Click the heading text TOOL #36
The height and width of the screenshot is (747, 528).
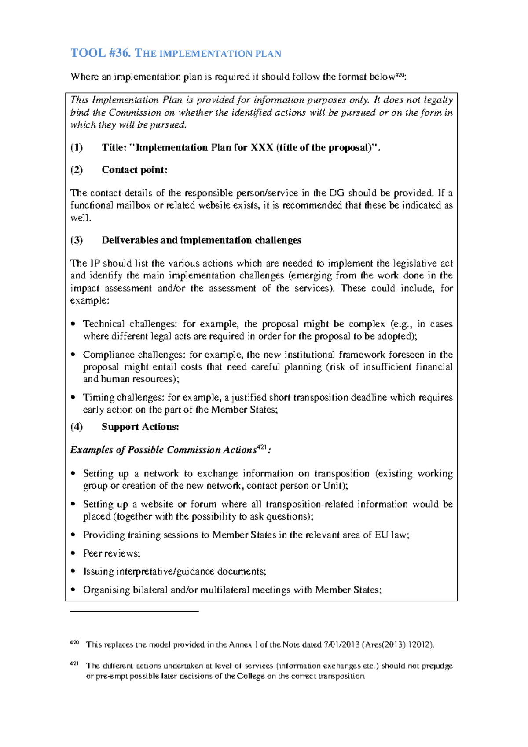[101, 53]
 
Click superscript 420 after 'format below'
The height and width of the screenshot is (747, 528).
[399, 75]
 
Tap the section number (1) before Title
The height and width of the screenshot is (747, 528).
[77, 148]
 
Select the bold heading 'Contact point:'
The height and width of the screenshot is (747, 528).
[135, 170]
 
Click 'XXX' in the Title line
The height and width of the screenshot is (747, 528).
[261, 148]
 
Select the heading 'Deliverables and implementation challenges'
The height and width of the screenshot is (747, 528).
[202, 240]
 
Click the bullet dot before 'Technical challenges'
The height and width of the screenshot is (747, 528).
[73, 324]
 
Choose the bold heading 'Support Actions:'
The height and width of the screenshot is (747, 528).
[140, 427]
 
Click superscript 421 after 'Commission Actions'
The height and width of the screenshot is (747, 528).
[261, 447]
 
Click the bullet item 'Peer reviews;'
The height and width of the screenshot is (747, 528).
[112, 553]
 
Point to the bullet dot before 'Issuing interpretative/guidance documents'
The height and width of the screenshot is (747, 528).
[73, 571]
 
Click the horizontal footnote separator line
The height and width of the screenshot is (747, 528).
[134, 612]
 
